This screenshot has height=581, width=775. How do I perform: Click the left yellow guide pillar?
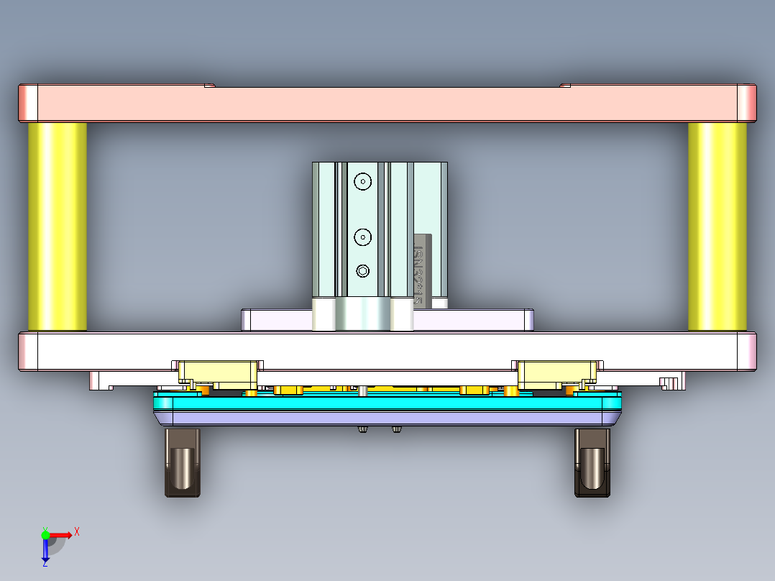(58, 227)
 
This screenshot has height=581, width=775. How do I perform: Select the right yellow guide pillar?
(717, 227)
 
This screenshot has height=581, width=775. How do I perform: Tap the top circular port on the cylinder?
(364, 181)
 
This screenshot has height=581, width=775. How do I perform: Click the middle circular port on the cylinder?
(364, 236)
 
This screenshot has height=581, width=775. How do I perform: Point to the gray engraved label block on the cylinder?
(422, 270)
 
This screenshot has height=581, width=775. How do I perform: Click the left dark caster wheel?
(182, 464)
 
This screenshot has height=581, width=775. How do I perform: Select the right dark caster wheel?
(592, 464)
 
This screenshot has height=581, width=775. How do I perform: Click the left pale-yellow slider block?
(218, 372)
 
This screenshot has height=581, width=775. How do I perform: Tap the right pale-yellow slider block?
(558, 372)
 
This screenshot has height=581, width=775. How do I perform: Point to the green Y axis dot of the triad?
(45, 534)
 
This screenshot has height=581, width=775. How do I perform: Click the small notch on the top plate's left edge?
(209, 85)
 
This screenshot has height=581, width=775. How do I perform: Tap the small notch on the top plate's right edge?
(565, 85)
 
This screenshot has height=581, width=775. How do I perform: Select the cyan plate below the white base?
(388, 403)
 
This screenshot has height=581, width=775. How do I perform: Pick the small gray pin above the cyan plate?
(364, 390)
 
